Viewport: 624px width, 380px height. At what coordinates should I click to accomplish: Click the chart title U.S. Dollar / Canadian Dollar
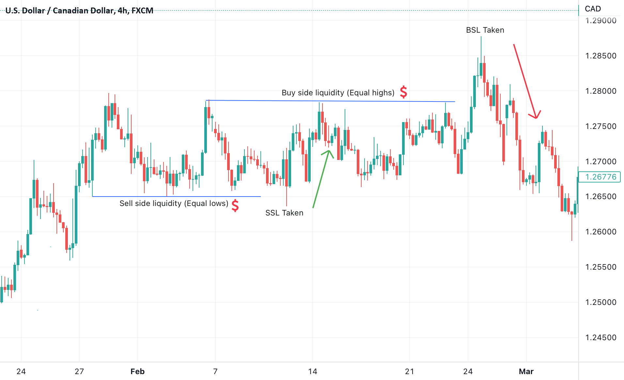(79, 10)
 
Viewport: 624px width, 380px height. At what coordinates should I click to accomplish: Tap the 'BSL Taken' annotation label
(485, 30)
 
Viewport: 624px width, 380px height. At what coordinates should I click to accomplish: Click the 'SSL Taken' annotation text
(284, 213)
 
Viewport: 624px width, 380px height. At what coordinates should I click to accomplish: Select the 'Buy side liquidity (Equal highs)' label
(338, 93)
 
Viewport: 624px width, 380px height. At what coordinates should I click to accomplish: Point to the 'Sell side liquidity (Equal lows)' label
(174, 203)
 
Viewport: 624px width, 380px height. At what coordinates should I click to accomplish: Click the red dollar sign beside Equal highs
(403, 92)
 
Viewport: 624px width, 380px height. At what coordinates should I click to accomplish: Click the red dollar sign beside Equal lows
(235, 205)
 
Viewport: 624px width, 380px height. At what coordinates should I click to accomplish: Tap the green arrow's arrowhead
(329, 151)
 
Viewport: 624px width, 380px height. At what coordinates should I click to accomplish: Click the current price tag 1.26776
(601, 177)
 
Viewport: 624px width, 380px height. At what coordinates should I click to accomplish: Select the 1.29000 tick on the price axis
(601, 21)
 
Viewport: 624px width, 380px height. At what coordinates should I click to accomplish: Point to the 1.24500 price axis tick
(601, 338)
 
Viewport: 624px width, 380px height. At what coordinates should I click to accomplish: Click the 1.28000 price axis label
(601, 91)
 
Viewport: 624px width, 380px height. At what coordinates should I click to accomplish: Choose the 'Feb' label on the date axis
(137, 372)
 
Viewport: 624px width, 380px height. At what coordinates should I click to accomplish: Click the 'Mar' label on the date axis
(526, 372)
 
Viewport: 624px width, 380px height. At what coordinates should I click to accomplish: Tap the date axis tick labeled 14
(313, 372)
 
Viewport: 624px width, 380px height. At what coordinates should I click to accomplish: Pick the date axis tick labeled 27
(79, 372)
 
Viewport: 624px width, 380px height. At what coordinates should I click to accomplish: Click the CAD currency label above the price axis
(593, 9)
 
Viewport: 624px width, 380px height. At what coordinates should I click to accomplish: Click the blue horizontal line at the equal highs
(330, 101)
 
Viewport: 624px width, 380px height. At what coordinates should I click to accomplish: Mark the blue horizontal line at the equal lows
(176, 197)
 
